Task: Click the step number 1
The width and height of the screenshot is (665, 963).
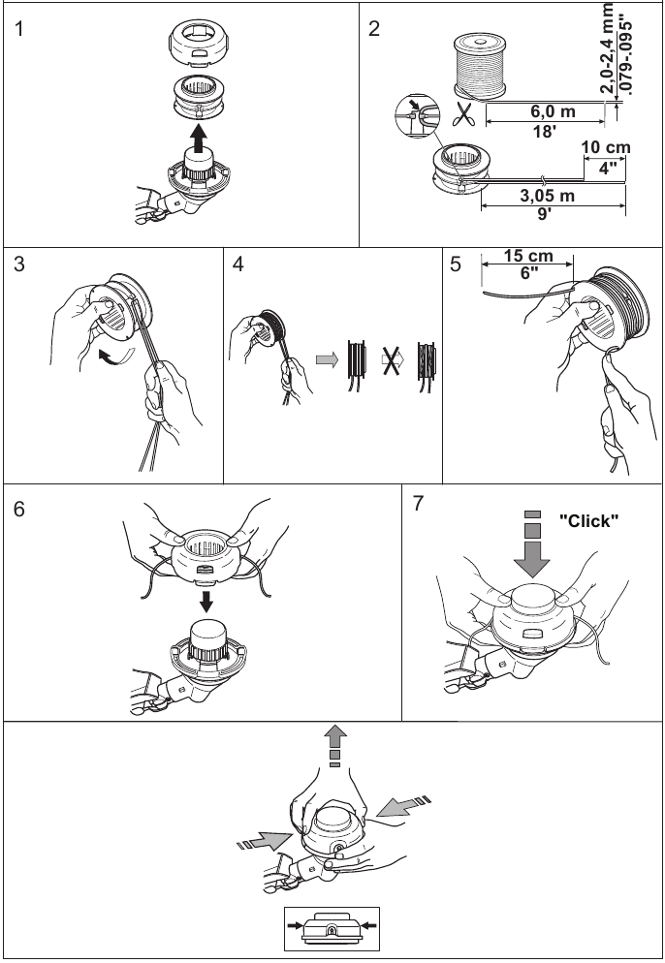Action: (19, 29)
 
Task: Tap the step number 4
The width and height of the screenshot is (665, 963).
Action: (237, 264)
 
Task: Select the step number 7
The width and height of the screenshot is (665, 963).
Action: (418, 503)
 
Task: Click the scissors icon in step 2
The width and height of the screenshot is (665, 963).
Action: (464, 113)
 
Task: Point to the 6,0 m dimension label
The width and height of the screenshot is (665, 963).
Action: (554, 111)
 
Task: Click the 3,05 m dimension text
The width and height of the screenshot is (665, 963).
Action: (548, 196)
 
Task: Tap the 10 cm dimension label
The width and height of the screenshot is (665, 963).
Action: (606, 147)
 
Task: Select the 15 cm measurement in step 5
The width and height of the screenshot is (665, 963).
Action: (528, 256)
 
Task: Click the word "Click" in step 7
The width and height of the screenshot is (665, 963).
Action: (588, 521)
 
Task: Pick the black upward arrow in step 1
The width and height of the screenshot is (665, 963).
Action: (198, 139)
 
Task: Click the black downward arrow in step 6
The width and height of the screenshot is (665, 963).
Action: (206, 601)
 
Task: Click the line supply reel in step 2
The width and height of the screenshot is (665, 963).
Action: (480, 66)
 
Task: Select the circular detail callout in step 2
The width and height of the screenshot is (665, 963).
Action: (416, 115)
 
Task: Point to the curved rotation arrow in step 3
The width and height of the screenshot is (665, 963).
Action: (116, 355)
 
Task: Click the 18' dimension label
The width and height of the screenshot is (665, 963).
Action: (544, 132)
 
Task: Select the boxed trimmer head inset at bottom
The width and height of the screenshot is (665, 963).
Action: (332, 928)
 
